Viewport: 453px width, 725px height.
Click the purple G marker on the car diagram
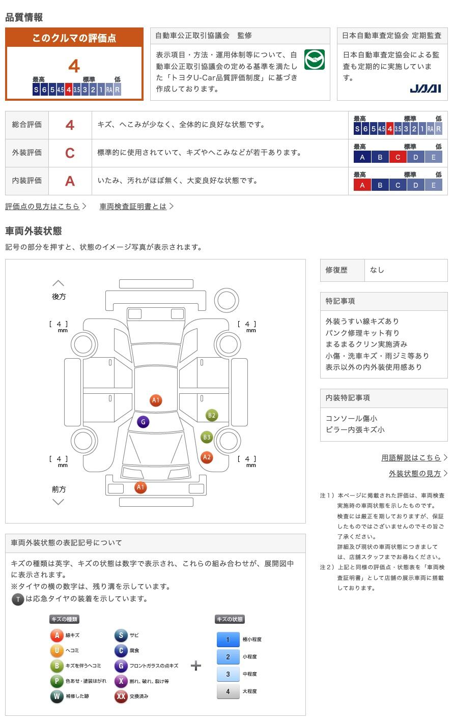(144, 422)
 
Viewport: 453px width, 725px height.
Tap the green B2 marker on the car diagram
(211, 415)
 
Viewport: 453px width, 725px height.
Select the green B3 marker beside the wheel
(207, 437)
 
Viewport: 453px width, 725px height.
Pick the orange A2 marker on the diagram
(207, 457)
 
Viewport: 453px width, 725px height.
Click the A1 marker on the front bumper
(140, 487)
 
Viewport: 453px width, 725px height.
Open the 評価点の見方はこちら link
(43, 206)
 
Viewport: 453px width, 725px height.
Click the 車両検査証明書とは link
(133, 206)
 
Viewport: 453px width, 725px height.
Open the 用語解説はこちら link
(411, 457)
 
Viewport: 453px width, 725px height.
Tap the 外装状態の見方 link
(415, 473)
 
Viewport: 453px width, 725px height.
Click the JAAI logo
(425, 89)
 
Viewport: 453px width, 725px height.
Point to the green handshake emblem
(315, 60)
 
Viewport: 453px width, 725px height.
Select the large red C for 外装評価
(70, 153)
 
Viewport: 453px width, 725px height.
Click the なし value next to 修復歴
(377, 270)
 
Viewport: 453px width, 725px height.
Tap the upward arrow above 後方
(59, 283)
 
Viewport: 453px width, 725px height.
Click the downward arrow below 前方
(59, 502)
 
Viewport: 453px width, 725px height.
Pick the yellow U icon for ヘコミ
(57, 651)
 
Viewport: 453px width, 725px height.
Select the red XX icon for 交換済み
(121, 697)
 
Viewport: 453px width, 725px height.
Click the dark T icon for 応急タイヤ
(18, 599)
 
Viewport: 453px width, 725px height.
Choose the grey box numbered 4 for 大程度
(228, 691)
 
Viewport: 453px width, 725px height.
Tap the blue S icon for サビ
(121, 635)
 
